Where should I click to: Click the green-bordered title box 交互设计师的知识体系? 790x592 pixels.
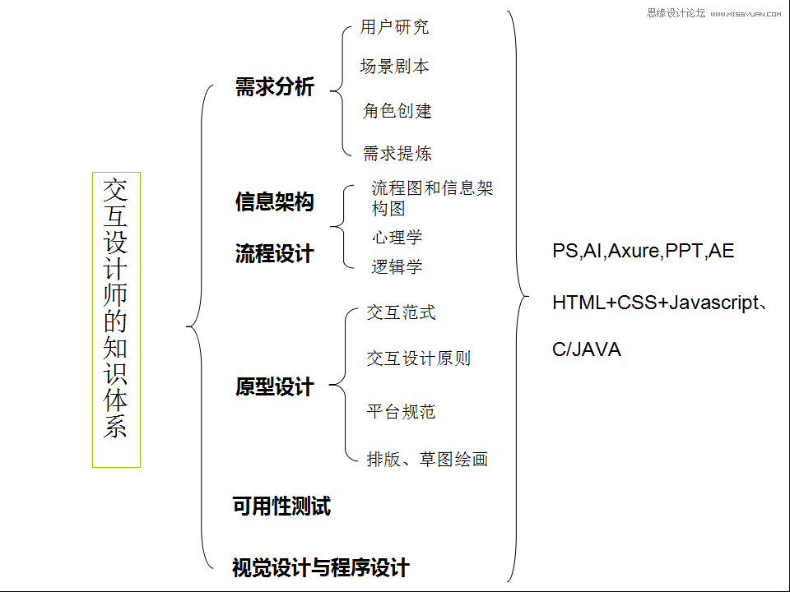116,320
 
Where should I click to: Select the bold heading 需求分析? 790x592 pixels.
274,87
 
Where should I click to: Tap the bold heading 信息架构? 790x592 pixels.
274,201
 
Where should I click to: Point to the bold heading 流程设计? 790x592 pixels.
274,254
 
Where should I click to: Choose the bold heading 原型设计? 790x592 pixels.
274,386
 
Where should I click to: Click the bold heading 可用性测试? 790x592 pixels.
281,506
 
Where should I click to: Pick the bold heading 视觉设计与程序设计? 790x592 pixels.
320,567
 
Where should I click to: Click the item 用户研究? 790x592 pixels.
394,27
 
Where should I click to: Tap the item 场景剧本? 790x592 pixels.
394,67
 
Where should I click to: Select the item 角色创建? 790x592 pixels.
397,110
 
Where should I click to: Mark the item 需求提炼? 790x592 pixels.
397,153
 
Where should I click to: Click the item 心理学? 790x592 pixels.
397,238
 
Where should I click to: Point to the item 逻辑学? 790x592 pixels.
397,266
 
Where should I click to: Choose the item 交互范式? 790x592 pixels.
401,312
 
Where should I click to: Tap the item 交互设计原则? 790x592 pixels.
418,358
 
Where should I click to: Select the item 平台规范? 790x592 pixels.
401,411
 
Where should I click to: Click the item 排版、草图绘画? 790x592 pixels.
427,459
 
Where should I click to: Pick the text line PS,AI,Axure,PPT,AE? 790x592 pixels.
643,252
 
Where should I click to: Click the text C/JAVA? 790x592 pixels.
586,349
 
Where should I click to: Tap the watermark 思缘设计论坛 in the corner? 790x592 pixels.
676,12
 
